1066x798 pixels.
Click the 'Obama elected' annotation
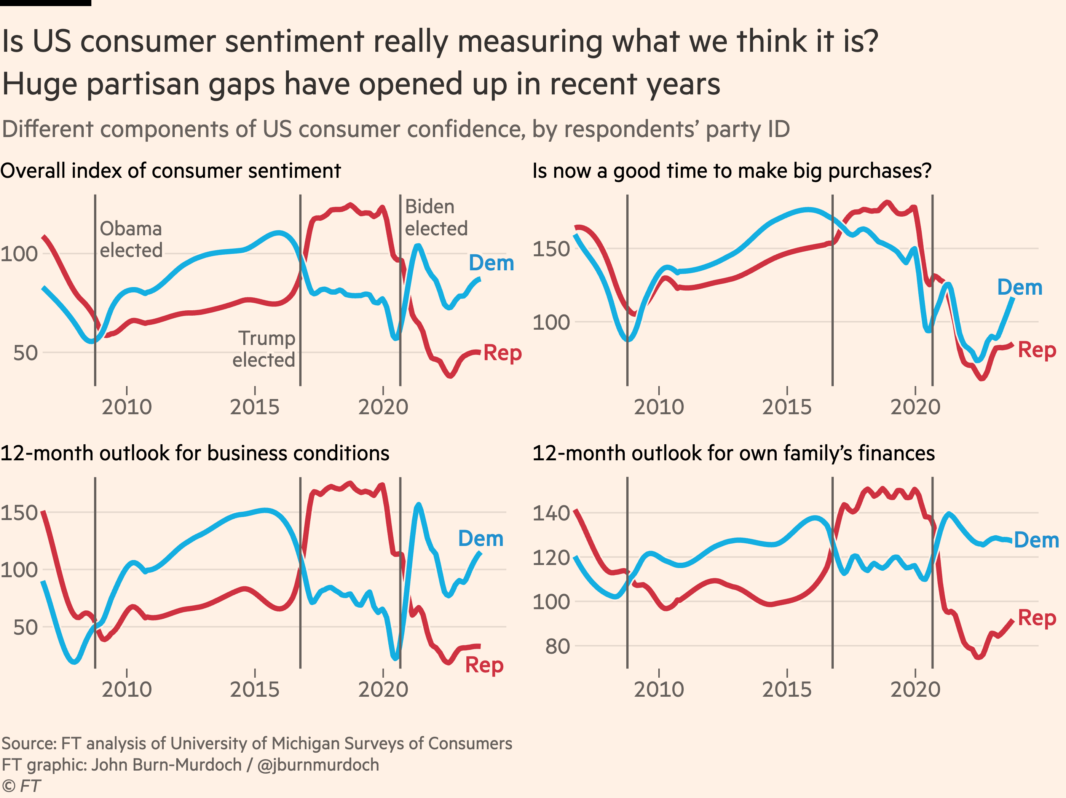pyautogui.click(x=131, y=239)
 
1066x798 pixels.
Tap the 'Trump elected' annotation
pyautogui.click(x=264, y=349)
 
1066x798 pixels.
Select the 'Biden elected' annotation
pyautogui.click(x=436, y=217)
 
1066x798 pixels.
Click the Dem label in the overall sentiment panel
pyautogui.click(x=491, y=263)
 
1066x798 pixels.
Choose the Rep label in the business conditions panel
pyautogui.click(x=484, y=665)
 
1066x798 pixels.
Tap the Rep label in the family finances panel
pyautogui.click(x=1037, y=618)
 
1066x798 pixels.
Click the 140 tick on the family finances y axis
pyautogui.click(x=551, y=513)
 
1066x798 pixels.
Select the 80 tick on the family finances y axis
pyautogui.click(x=558, y=646)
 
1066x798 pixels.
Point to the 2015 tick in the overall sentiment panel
pyautogui.click(x=254, y=407)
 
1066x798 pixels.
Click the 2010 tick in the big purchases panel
pyautogui.click(x=659, y=407)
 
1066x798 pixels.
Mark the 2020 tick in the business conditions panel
pyautogui.click(x=383, y=689)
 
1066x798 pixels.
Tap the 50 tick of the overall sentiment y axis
pyautogui.click(x=26, y=353)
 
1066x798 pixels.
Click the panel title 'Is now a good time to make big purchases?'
pyautogui.click(x=732, y=171)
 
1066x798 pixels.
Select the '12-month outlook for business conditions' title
pyautogui.click(x=195, y=453)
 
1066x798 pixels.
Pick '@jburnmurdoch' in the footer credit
pyautogui.click(x=318, y=765)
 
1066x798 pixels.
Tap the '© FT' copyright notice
pyautogui.click(x=21, y=786)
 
